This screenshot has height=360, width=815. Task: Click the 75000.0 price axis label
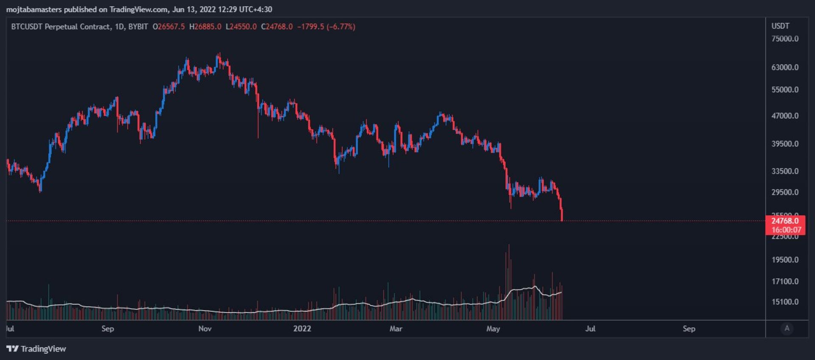click(x=785, y=39)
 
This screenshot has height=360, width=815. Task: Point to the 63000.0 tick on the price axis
click(x=785, y=67)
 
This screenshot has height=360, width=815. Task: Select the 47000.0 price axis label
click(x=785, y=115)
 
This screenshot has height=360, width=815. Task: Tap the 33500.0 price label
click(x=785, y=171)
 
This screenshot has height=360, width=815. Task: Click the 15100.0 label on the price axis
click(x=785, y=302)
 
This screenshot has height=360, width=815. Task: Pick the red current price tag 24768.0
click(x=785, y=221)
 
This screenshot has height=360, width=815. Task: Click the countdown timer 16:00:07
click(x=786, y=230)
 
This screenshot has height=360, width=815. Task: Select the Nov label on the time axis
click(x=205, y=329)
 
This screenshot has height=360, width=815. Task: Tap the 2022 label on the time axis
click(x=302, y=329)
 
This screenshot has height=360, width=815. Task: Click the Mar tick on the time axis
click(x=396, y=329)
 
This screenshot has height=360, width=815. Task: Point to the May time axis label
click(x=493, y=329)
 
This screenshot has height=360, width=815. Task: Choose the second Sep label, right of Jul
click(x=689, y=329)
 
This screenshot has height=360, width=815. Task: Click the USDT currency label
click(x=780, y=26)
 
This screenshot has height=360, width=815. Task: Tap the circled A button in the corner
click(x=787, y=328)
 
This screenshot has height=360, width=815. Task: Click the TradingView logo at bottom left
click(x=37, y=349)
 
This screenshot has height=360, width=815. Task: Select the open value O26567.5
click(x=169, y=27)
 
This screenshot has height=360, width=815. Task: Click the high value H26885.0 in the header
click(x=205, y=27)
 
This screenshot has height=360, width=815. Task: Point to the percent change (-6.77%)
click(x=341, y=27)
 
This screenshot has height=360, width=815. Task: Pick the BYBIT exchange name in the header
click(x=138, y=27)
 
